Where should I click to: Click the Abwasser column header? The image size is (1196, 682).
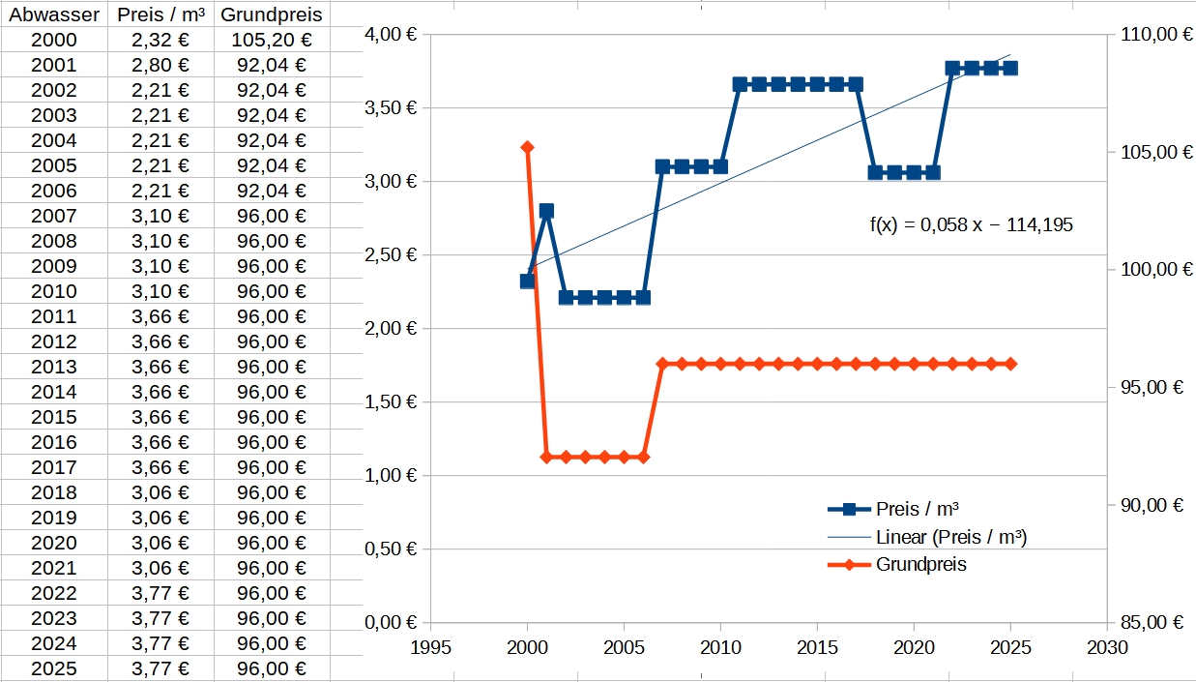click(x=54, y=15)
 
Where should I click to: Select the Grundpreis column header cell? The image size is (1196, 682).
click(x=272, y=15)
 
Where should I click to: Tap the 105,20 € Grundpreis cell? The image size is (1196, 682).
click(x=272, y=40)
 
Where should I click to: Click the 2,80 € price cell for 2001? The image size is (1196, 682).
click(x=160, y=65)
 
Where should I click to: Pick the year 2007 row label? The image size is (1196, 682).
click(x=54, y=216)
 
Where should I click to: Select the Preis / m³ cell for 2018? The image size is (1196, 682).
click(x=160, y=492)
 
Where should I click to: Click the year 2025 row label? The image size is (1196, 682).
click(x=54, y=668)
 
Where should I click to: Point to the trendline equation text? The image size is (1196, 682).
click(x=971, y=225)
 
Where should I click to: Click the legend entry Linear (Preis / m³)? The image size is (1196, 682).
click(x=950, y=537)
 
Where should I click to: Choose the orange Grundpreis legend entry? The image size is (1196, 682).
click(x=920, y=565)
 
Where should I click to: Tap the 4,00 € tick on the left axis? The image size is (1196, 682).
click(x=391, y=34)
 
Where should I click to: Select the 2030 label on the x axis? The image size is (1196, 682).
click(x=1107, y=645)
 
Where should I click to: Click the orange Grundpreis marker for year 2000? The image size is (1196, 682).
click(x=527, y=147)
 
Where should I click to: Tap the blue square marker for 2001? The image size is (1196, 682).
click(x=546, y=210)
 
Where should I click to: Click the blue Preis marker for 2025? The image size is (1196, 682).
click(x=1010, y=68)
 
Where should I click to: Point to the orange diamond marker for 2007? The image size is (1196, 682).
click(x=662, y=364)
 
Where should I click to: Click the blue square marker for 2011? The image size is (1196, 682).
click(x=740, y=84)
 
